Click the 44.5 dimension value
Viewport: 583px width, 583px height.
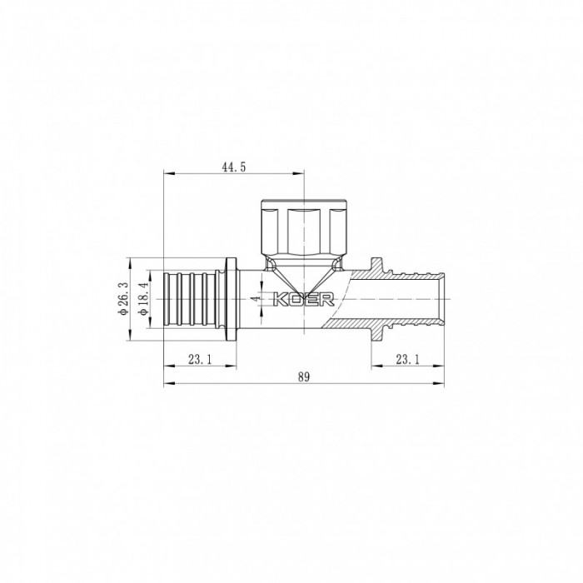233,167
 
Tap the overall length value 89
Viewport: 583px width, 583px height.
303,377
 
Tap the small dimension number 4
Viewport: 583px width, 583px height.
255,297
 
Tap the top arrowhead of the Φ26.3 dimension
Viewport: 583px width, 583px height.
129,260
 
